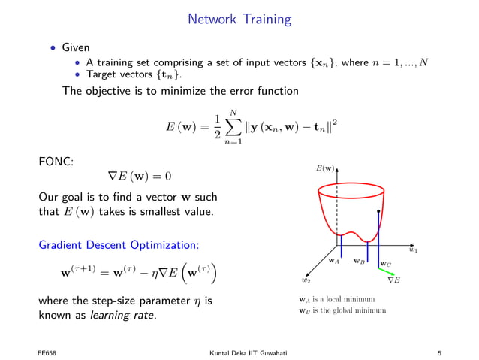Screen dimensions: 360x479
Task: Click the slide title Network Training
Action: (x=239, y=17)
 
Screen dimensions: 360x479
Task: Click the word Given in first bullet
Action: (x=75, y=47)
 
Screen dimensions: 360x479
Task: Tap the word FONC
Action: (x=56, y=161)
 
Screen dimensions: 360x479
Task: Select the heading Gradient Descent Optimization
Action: (x=119, y=245)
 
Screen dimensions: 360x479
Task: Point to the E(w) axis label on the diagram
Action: (x=324, y=169)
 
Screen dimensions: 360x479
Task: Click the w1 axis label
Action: (x=413, y=250)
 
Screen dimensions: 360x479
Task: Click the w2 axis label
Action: (x=306, y=280)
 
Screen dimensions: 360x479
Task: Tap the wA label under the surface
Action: (x=334, y=260)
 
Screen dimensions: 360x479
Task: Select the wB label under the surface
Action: (x=360, y=262)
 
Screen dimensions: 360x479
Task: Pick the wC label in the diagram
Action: (x=385, y=264)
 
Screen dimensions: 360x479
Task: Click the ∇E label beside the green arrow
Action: (x=393, y=280)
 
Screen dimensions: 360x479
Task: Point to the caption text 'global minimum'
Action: (x=354, y=310)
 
